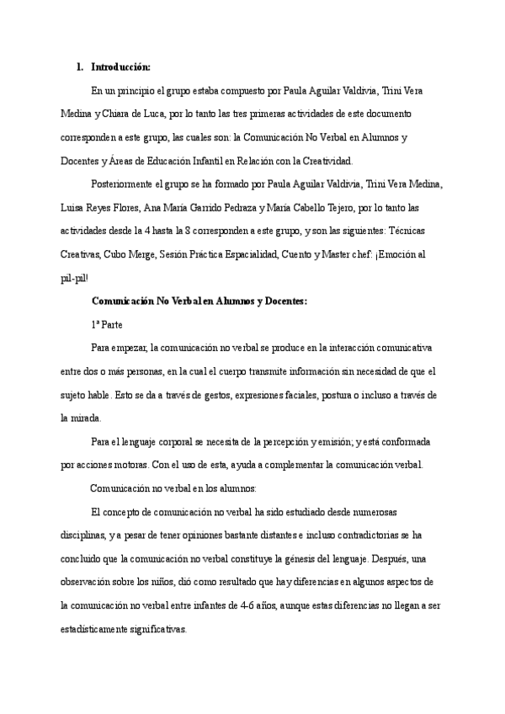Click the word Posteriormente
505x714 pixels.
point(125,184)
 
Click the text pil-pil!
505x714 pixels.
point(74,277)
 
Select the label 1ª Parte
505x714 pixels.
point(107,323)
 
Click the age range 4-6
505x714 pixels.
point(251,604)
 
